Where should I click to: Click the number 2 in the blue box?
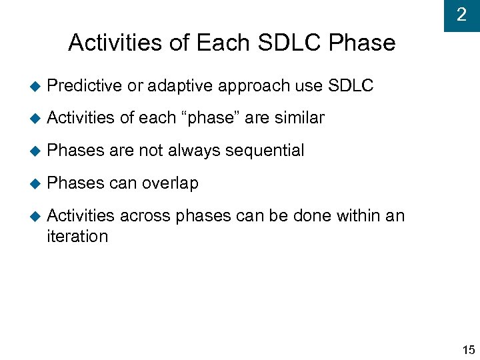click(461, 15)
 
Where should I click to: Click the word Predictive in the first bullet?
click(85, 86)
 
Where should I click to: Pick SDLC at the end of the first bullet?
click(351, 86)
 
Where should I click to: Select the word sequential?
click(265, 151)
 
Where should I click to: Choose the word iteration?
click(77, 237)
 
